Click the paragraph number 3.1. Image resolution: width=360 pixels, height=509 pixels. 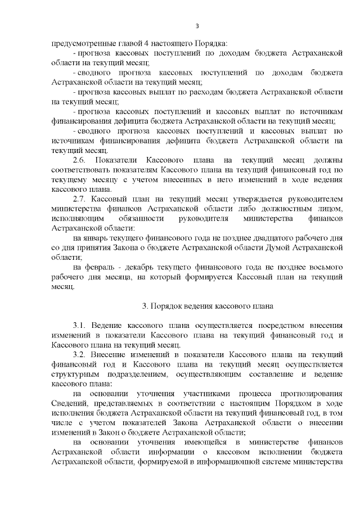(80, 326)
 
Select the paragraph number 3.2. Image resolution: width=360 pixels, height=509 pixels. (80, 353)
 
